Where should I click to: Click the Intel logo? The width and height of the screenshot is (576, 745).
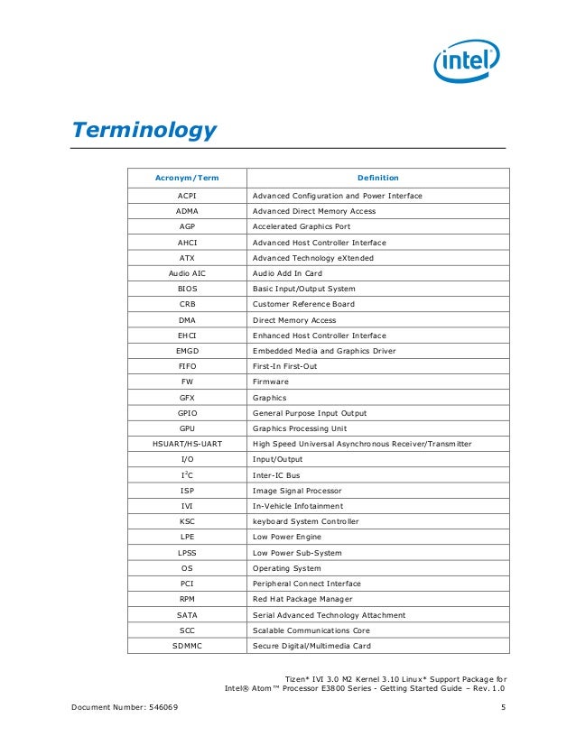[x=466, y=62]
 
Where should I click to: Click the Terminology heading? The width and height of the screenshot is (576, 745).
[x=144, y=130]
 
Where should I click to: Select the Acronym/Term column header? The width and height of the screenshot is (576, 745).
[x=188, y=178]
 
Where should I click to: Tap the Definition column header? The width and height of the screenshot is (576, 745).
[x=377, y=178]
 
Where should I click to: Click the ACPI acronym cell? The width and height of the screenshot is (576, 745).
[x=188, y=195]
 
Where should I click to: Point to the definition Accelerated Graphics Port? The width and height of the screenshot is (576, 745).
[x=302, y=226]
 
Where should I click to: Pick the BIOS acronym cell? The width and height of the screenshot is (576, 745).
[x=188, y=289]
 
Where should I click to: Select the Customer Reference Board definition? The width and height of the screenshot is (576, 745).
[x=303, y=304]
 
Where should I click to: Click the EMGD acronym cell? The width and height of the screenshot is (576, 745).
[x=188, y=351]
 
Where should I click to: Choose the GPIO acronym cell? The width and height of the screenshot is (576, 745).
[x=188, y=413]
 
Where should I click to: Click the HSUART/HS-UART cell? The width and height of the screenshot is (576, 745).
[x=188, y=444]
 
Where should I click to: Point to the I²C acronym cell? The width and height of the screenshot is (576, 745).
[x=188, y=474]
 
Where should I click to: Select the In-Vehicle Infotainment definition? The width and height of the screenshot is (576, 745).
[x=298, y=506]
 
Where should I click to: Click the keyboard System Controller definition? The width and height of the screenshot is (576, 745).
[x=305, y=521]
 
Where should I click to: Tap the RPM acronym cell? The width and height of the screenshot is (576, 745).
[x=188, y=599]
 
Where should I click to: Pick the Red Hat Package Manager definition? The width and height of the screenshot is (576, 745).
[x=302, y=599]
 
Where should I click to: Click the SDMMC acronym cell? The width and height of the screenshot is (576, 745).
[x=188, y=646]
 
